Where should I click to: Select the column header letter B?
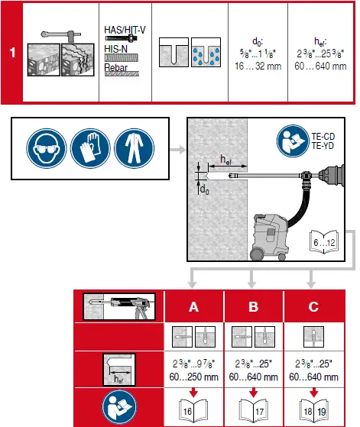253,306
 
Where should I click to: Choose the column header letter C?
313,306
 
